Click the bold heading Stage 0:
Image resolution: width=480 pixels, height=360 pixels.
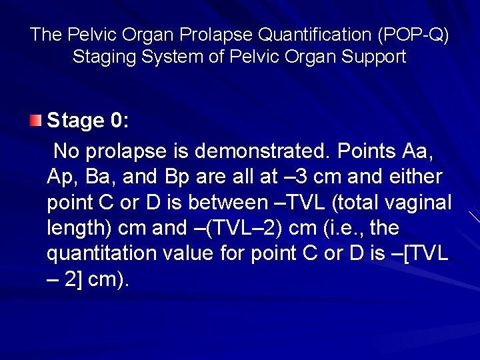88,121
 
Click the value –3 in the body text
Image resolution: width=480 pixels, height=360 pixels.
294,177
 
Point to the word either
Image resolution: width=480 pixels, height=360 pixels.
417,177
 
